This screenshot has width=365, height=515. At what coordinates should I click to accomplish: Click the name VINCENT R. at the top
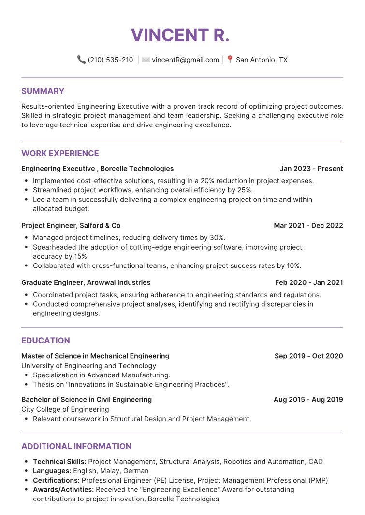tap(180, 35)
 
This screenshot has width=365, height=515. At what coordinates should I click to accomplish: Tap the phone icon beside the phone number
tap(81, 60)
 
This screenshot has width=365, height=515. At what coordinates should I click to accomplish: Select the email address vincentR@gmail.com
tap(186, 60)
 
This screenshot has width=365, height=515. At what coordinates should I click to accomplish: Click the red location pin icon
tap(230, 60)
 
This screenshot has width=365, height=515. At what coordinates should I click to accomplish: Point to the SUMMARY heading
tap(43, 91)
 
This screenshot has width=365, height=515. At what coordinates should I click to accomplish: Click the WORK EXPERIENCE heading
tap(60, 153)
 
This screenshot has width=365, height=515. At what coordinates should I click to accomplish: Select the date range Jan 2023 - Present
tap(311, 169)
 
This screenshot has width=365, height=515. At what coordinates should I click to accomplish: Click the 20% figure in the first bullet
tap(208, 181)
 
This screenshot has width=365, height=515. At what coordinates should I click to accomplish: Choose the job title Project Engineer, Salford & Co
tap(71, 225)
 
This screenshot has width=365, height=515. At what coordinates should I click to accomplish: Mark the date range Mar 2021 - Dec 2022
tap(308, 225)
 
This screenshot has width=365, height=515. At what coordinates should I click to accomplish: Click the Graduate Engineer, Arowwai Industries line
tap(86, 282)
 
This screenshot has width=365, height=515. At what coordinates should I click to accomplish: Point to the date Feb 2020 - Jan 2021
tap(309, 282)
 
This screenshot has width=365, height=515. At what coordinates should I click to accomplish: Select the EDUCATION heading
tap(46, 340)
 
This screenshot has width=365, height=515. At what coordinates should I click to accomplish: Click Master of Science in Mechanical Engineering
tap(95, 356)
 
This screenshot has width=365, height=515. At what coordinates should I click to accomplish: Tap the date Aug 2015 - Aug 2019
tap(308, 400)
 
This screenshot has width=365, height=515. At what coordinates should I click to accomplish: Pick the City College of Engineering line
tap(65, 409)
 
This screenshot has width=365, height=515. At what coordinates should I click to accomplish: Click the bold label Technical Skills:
tap(59, 462)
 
